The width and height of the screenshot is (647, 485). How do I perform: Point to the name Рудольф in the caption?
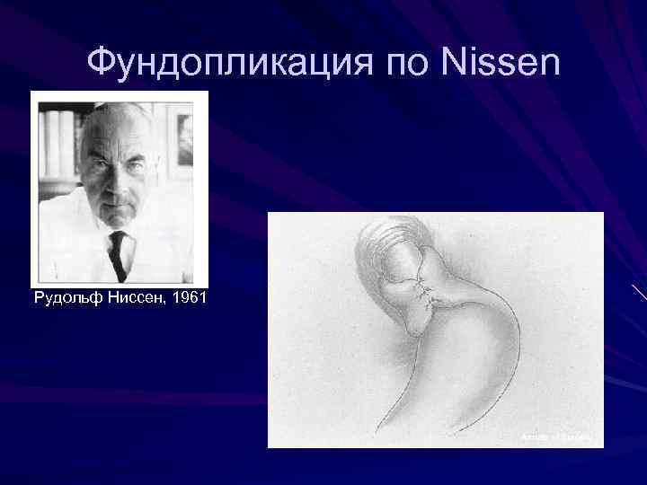click(65, 297)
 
